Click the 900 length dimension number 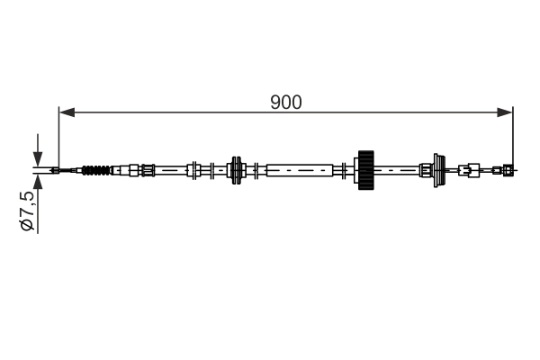(x=286, y=102)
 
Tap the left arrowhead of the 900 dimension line (x=65, y=112)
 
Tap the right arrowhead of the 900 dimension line (x=506, y=112)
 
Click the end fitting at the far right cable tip (x=508, y=169)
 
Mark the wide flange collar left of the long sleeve (x=238, y=169)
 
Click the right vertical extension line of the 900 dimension (x=512, y=135)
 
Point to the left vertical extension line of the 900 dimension (x=58, y=135)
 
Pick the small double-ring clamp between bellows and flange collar (x=193, y=169)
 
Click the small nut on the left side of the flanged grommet (x=426, y=169)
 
